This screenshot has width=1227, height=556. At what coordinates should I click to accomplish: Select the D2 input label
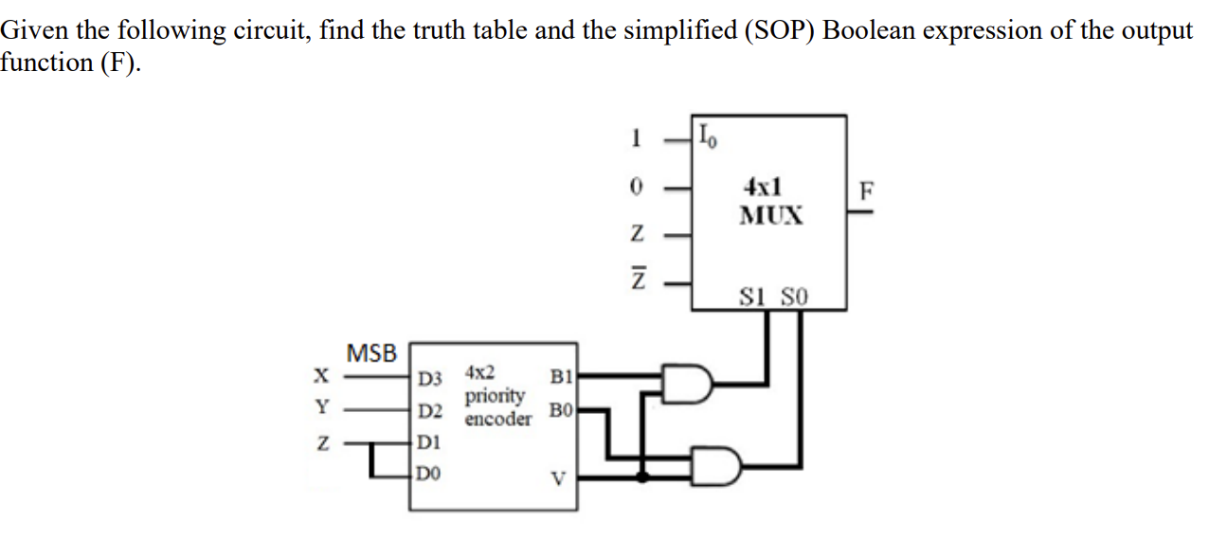coord(431,411)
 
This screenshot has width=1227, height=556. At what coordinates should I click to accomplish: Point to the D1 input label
coord(429,441)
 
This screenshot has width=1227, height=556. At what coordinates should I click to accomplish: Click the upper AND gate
coord(688,383)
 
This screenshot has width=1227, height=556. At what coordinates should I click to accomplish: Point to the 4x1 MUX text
coord(771,200)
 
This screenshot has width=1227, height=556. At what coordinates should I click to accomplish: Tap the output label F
coord(862,189)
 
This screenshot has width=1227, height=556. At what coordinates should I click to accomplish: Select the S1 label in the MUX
coord(758,297)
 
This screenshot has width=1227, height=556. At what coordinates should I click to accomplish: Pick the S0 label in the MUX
coord(794,297)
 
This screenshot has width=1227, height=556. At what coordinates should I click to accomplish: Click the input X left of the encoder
coord(323,377)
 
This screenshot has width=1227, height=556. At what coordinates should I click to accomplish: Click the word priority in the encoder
coord(495,395)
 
